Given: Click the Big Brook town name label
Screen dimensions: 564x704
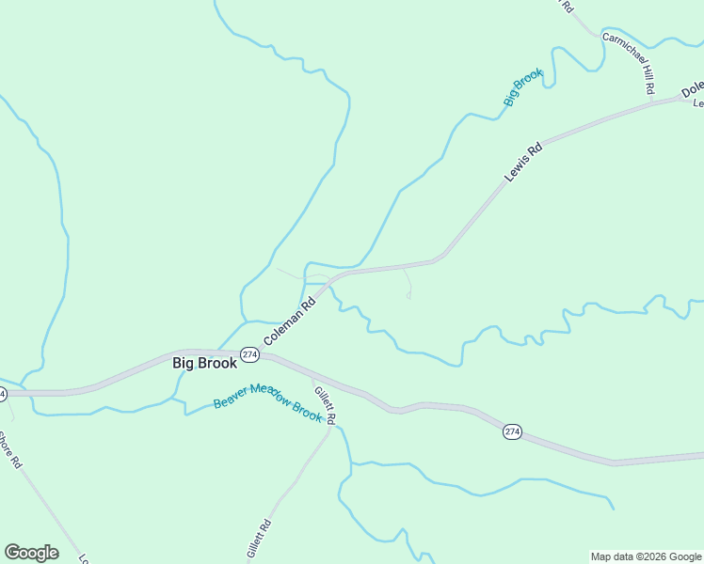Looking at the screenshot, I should [x=204, y=363].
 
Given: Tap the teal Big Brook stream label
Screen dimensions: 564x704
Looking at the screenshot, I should [x=523, y=86].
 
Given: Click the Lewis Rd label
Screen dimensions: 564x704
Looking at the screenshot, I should [x=524, y=161].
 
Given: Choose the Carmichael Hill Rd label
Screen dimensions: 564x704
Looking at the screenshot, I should [x=628, y=63].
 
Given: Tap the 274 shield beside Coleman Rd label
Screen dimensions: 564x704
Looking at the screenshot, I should [x=248, y=354].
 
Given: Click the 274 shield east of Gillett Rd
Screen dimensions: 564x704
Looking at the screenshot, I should [x=512, y=431].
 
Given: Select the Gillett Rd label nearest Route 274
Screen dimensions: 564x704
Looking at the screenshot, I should [x=325, y=404].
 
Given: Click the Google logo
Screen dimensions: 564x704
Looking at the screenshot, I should [x=31, y=553].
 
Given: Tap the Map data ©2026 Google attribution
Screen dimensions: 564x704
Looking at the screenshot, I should [x=647, y=556].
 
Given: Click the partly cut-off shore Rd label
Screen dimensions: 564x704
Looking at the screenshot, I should [x=9, y=450].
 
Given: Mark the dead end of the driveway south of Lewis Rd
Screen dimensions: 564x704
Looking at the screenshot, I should [x=408, y=297].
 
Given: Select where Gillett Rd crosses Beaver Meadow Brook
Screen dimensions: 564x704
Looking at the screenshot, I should [x=330, y=428].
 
